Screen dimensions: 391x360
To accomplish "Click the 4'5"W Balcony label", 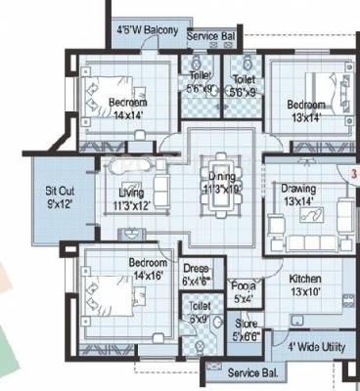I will pyautogui.click(x=147, y=31).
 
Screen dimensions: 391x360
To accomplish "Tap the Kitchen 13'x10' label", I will pyautogui.click(x=304, y=284).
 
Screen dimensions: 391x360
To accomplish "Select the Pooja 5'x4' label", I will pyautogui.click(x=244, y=291).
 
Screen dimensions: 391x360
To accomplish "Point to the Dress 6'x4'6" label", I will pyautogui.click(x=197, y=275).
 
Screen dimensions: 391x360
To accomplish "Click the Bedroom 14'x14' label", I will pyautogui.click(x=128, y=108).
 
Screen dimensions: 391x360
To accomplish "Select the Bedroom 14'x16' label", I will pyautogui.click(x=150, y=269).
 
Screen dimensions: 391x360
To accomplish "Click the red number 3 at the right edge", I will pyautogui.click(x=353, y=171).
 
